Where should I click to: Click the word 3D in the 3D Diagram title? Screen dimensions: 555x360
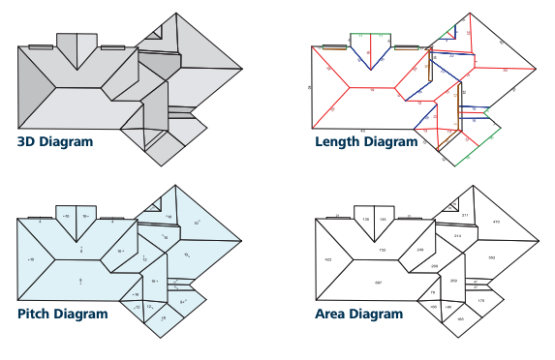[27, 142]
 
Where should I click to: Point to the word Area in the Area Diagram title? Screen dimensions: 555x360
[332, 314]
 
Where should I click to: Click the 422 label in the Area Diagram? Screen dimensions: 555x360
[328, 259]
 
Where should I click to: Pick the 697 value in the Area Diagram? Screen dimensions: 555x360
[378, 282]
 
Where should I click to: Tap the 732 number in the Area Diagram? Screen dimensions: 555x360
[382, 250]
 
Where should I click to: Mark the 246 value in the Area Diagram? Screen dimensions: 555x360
[419, 250]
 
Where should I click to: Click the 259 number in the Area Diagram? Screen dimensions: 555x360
[434, 265]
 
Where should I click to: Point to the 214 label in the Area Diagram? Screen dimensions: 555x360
[457, 235]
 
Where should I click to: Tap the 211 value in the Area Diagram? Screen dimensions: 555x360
[465, 215]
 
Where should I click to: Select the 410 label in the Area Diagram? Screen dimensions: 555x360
[496, 223]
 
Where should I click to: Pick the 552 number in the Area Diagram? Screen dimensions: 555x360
[491, 257]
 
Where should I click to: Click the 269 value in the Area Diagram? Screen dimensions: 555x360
[453, 281]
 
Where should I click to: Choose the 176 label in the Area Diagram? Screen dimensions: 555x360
[480, 302]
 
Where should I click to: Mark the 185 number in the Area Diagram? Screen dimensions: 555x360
[460, 318]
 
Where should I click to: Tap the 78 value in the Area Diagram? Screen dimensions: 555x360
[432, 292]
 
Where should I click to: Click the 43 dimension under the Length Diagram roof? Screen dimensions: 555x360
[362, 130]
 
